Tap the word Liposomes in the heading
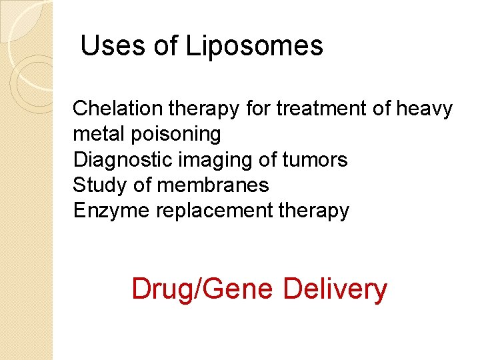[254, 47]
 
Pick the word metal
[95, 134]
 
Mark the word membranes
[213, 185]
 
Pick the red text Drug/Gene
[202, 289]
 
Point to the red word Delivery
[335, 289]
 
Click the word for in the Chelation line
[258, 108]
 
